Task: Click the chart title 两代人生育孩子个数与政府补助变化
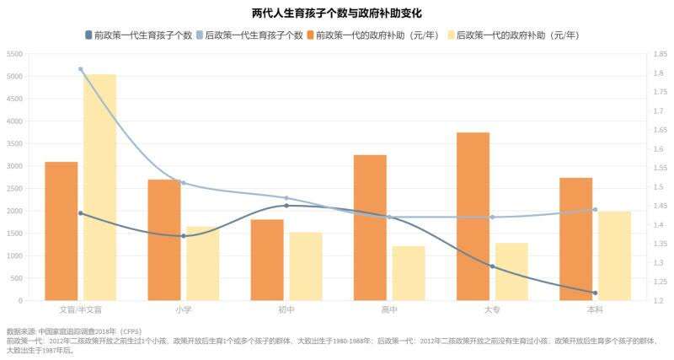pyautogui.click(x=337, y=13)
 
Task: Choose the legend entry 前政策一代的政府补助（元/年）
pyautogui.click(x=379, y=35)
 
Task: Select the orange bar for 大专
pyautogui.click(x=473, y=216)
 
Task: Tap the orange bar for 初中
pyautogui.click(x=267, y=260)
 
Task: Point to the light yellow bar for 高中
pyautogui.click(x=409, y=273)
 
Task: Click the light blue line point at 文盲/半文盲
pyautogui.click(x=81, y=69)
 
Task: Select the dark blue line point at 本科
pyautogui.click(x=595, y=293)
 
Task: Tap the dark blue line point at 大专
pyautogui.click(x=492, y=266)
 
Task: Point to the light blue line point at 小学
pyautogui.click(x=184, y=183)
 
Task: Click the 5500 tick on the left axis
pyautogui.click(x=14, y=54)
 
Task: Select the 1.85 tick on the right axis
pyautogui.click(x=656, y=54)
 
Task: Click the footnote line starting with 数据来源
pyautogui.click(x=76, y=332)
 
